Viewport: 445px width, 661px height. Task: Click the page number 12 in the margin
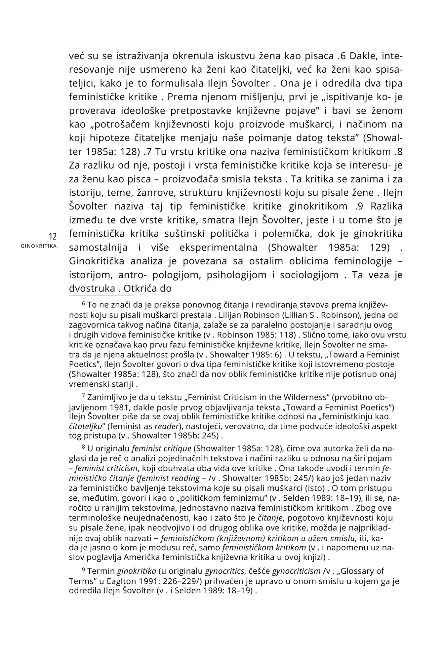pyautogui.click(x=53, y=237)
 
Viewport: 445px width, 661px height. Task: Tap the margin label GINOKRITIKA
pyautogui.click(x=38, y=246)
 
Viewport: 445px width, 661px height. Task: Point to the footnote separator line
pyautogui.click(x=101, y=295)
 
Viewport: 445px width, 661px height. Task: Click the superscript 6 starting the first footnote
pyautogui.click(x=84, y=303)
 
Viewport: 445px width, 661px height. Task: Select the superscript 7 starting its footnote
pyautogui.click(x=84, y=396)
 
